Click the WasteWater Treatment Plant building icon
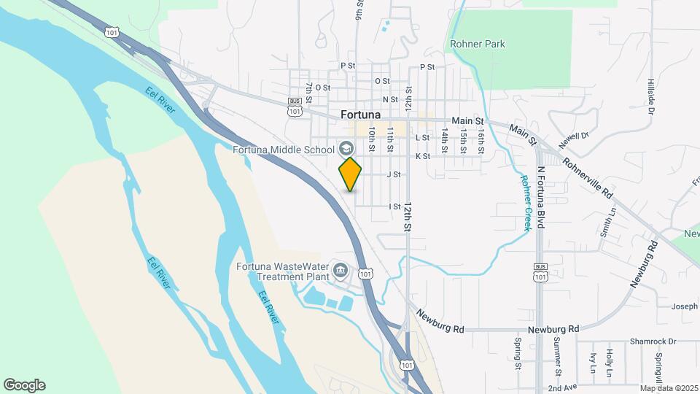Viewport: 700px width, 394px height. click(340, 271)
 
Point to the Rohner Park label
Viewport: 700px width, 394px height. click(478, 44)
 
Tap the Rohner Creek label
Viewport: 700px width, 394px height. click(525, 203)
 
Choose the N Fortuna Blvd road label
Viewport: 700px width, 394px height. click(541, 197)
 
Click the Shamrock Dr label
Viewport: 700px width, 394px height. click(653, 341)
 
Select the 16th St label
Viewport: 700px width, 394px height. click(481, 140)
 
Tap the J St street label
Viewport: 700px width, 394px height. click(394, 174)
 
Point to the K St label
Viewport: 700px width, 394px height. click(422, 156)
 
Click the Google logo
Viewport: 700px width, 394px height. click(24, 385)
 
